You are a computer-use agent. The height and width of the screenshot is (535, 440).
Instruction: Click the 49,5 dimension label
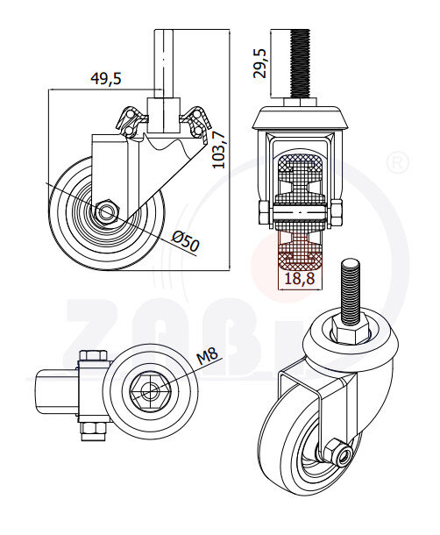(x=106, y=78)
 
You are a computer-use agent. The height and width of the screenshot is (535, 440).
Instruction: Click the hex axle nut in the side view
(x=106, y=211)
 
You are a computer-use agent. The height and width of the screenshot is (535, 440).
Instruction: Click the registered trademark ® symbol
(x=398, y=163)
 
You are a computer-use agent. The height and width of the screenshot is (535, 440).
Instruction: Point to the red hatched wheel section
(x=298, y=253)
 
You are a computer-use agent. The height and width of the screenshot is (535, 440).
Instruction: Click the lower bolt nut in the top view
(x=91, y=431)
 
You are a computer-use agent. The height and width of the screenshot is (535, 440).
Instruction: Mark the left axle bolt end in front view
(x=263, y=210)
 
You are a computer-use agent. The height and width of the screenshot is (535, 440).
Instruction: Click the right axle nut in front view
(x=336, y=210)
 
